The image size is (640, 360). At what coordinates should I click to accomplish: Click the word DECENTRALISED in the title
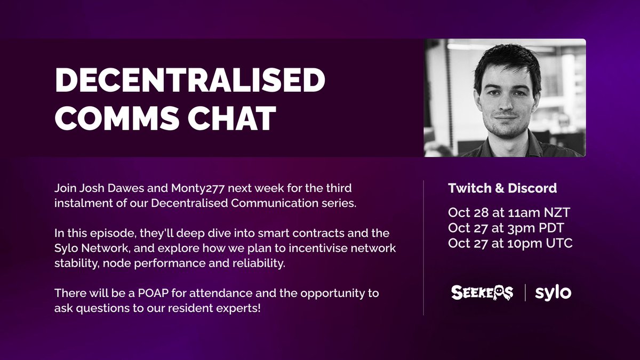189,81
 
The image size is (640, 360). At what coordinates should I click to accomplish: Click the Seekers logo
482,292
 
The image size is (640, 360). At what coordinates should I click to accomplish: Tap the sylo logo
553,292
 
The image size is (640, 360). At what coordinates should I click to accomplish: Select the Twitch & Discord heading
502,188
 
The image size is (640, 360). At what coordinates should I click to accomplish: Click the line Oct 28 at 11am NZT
509,212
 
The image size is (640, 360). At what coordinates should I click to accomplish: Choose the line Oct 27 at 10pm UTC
510,243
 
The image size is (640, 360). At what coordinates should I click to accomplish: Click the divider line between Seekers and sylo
525,292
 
